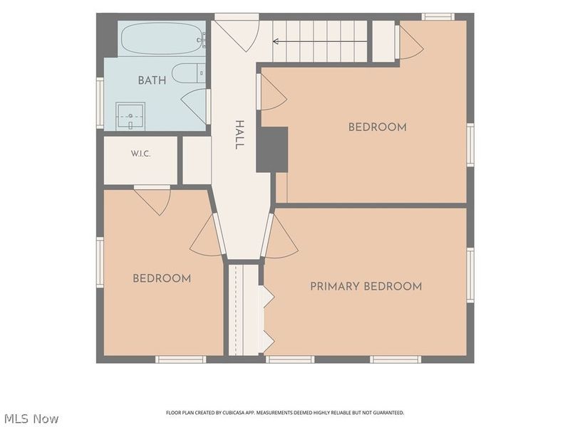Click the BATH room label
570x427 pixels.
(x=152, y=80)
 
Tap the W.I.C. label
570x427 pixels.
(x=140, y=154)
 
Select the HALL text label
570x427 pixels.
(x=239, y=135)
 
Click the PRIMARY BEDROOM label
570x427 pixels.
(x=366, y=287)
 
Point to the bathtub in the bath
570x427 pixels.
(x=163, y=39)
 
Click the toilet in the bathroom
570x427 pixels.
(x=189, y=73)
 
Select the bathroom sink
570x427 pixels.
(x=130, y=116)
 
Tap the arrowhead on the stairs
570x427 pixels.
(x=276, y=41)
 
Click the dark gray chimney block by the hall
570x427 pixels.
(x=272, y=149)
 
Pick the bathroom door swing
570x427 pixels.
(x=195, y=105)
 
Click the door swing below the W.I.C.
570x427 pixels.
(x=152, y=200)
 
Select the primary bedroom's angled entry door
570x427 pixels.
(x=280, y=236)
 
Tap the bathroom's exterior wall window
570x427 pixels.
(x=100, y=102)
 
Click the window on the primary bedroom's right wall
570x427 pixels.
(x=470, y=275)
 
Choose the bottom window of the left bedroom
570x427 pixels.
(x=181, y=359)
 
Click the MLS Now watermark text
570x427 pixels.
(x=31, y=418)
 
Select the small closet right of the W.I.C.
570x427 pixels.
(x=197, y=160)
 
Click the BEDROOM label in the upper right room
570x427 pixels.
(x=378, y=127)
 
